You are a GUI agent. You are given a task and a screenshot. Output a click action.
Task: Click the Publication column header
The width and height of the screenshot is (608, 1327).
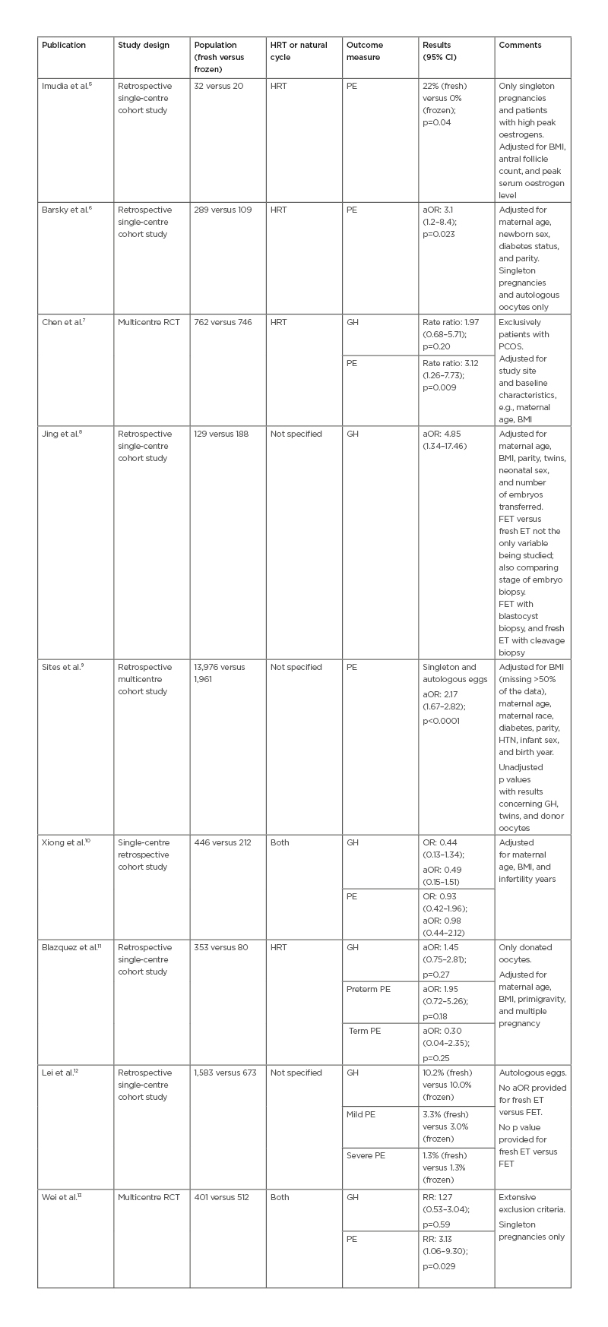tap(64, 46)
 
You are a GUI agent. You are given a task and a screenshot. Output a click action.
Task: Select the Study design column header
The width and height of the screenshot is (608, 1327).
tap(143, 46)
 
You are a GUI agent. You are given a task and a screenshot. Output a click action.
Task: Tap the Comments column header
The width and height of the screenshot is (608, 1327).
tap(520, 46)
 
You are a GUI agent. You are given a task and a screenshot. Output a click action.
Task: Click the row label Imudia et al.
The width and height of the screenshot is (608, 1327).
tap(67, 87)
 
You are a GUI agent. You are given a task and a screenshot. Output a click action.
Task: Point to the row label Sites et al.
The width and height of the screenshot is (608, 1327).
tap(63, 668)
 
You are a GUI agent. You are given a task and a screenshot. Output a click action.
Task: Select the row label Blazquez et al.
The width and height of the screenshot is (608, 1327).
tap(71, 948)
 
